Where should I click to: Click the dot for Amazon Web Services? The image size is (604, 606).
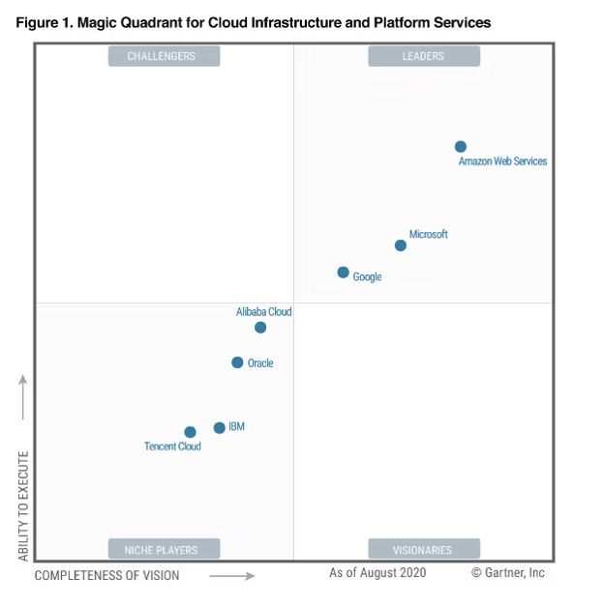461,147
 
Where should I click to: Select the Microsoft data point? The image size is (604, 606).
401,245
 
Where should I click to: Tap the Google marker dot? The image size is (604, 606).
343,273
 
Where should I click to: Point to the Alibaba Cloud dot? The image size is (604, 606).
260,328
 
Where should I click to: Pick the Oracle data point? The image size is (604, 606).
237,362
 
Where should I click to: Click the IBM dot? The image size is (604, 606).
220,427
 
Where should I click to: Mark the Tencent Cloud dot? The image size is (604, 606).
190,432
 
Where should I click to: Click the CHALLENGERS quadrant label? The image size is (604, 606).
164,56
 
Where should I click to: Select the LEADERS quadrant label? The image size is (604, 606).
423,56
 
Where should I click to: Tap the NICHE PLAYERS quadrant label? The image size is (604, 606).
163,550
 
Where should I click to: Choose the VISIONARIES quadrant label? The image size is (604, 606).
423,550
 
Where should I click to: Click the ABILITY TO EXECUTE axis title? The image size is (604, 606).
23,505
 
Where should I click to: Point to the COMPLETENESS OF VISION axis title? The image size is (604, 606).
106,576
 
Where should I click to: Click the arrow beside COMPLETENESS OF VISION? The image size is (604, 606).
232,576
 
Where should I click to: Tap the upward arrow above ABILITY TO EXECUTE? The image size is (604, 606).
23,396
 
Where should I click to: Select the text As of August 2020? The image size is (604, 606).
377,573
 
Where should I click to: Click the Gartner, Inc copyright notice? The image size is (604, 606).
508,573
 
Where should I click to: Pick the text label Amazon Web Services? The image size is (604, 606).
502,161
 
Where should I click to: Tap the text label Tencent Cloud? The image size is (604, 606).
172,447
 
